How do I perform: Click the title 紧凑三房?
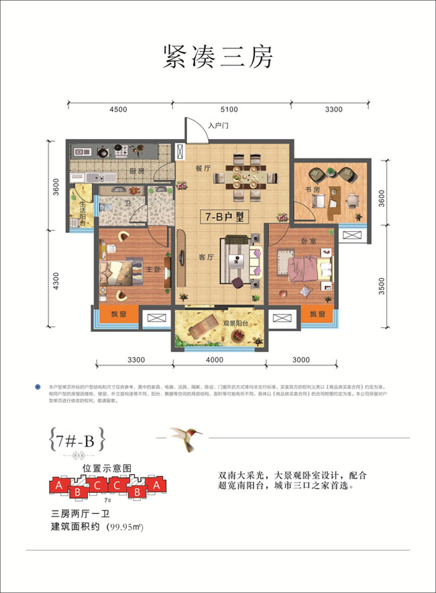[x=218, y=57]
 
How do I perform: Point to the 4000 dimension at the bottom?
[x=215, y=361]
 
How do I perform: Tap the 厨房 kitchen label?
[x=138, y=171]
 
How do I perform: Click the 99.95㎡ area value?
[x=125, y=527]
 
